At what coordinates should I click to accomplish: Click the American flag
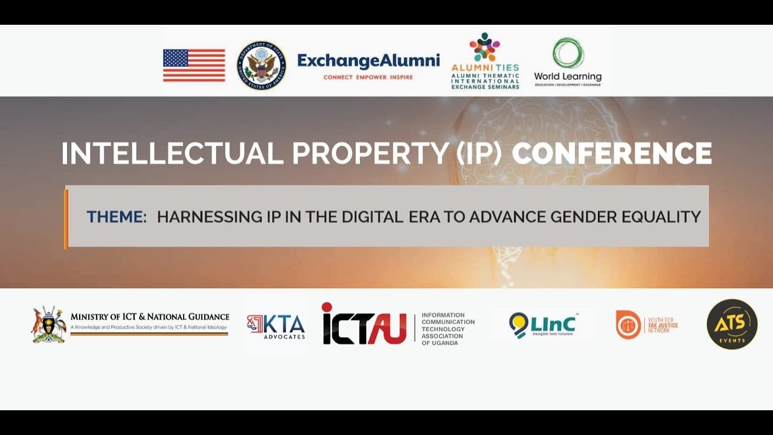tap(194, 65)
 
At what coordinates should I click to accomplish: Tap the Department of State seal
tap(261, 65)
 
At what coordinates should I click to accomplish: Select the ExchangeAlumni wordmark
tap(368, 61)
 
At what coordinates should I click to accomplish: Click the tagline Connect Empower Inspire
tap(368, 77)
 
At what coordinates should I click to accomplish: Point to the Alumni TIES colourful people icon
tap(485, 47)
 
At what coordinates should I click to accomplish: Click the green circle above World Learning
tap(568, 53)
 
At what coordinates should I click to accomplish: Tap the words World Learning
tap(568, 77)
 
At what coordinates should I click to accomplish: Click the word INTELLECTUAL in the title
tap(172, 153)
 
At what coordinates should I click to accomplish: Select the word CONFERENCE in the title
tap(612, 153)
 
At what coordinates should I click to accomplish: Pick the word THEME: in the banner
tap(117, 216)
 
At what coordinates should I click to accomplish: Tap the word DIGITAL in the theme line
tap(372, 216)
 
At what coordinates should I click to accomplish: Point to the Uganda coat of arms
tap(49, 324)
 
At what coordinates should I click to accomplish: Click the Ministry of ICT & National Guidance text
tap(150, 317)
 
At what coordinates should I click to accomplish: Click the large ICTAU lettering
tap(364, 324)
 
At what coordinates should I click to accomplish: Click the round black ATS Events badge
tap(732, 324)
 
